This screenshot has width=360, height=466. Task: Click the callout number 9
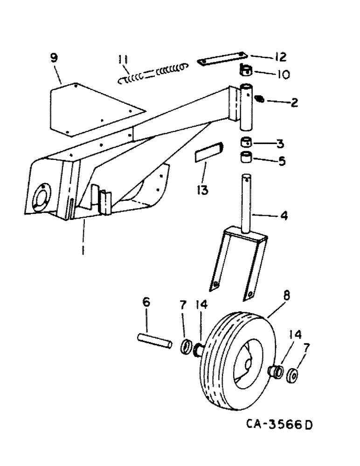coord(55,59)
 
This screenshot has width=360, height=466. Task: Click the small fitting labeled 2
coord(262,99)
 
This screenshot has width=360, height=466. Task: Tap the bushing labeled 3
coord(246,142)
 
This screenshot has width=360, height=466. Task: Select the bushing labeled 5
coord(246,158)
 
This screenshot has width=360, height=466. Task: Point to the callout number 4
coord(284,216)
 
